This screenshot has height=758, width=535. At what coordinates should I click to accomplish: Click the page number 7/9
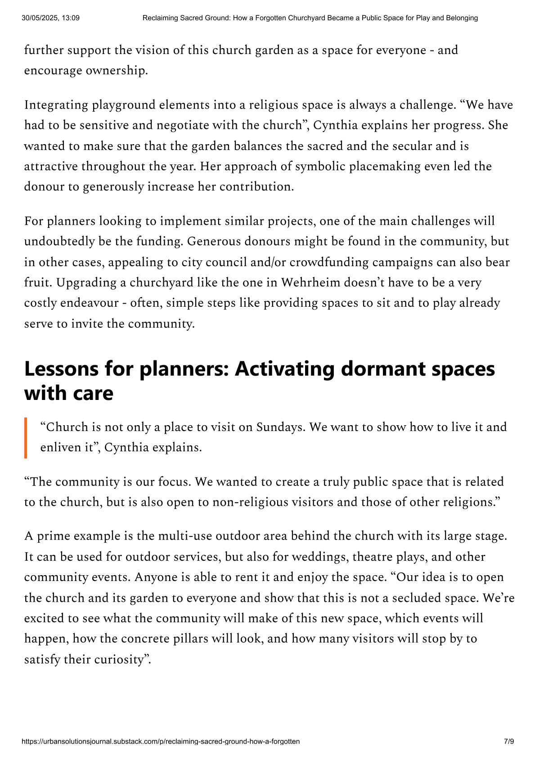click(508, 741)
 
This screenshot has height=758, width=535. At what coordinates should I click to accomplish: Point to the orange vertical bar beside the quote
click(26, 438)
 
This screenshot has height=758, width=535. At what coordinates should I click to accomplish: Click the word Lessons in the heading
click(61, 369)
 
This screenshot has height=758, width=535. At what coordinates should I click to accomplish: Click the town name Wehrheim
click(311, 282)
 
